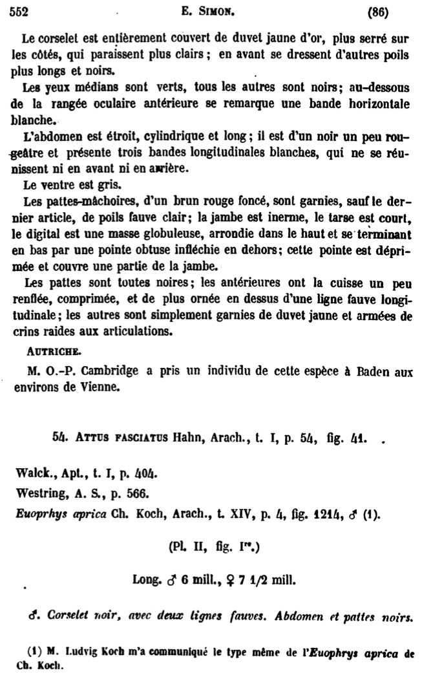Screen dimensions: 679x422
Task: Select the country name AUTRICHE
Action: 54,354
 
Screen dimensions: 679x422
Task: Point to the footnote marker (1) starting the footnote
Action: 30,650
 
